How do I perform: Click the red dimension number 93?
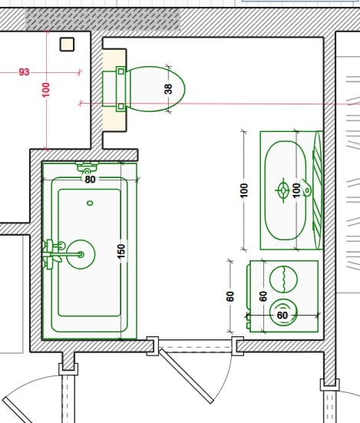coord(24,72)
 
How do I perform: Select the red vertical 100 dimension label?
coord(46,90)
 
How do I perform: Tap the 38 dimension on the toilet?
coord(168,89)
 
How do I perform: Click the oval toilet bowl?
coord(156,89)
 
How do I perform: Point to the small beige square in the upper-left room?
coord(67,45)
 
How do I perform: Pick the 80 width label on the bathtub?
coord(90,180)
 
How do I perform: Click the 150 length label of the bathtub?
coord(121,251)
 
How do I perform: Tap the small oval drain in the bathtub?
coord(90,203)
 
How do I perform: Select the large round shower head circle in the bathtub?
coord(81,254)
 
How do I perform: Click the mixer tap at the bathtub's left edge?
coord(54,254)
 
